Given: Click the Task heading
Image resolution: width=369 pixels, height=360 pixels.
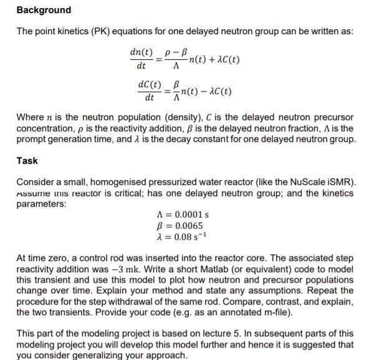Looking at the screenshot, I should click(27, 161).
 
